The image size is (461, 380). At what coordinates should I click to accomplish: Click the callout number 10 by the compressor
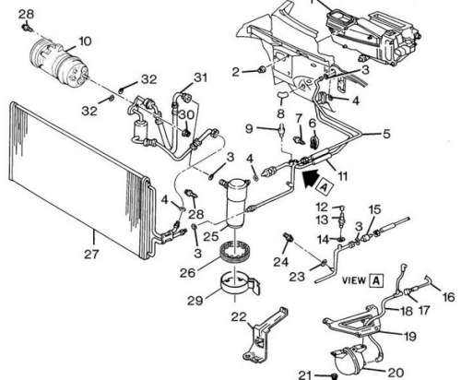pos(85,42)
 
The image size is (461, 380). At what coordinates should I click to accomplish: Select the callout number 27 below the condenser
pos(91,255)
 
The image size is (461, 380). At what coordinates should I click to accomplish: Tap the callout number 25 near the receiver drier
pos(211,236)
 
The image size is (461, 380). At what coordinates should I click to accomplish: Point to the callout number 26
pos(187,272)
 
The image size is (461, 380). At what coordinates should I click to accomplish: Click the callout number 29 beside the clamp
pos(195,300)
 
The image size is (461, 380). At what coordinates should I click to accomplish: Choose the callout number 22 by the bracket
pos(239,316)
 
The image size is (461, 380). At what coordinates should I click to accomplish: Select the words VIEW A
pos(362,280)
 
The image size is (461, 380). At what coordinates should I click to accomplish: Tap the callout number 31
pos(200,77)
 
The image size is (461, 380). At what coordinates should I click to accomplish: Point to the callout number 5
pos(386,134)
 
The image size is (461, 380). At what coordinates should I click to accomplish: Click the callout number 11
pos(343,176)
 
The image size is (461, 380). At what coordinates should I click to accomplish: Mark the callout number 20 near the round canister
pos(396,373)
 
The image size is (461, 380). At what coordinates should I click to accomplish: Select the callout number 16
pos(448,297)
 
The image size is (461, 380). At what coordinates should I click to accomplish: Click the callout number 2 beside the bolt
pos(235,72)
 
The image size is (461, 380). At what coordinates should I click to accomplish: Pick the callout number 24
pos(281,262)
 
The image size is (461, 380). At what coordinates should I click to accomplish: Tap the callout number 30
pos(186,115)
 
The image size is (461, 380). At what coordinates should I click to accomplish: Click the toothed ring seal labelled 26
pos(236,252)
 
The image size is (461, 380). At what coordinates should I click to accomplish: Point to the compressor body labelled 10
pos(58,65)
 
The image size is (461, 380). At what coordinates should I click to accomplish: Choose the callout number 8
pos(280,113)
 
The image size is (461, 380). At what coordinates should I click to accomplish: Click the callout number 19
pos(409,336)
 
